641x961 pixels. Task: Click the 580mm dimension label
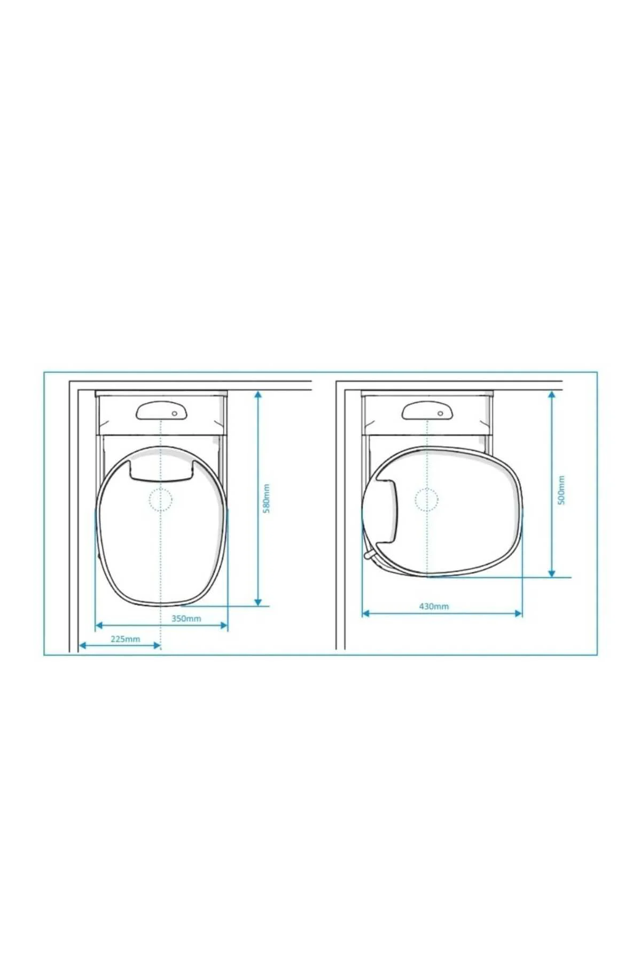tap(267, 498)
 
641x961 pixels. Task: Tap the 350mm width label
tap(186, 619)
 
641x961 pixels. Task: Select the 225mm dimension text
tap(126, 639)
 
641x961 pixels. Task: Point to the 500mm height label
tap(561, 490)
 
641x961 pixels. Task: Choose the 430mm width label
tap(434, 606)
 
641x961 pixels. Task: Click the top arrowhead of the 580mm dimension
tap(258, 395)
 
